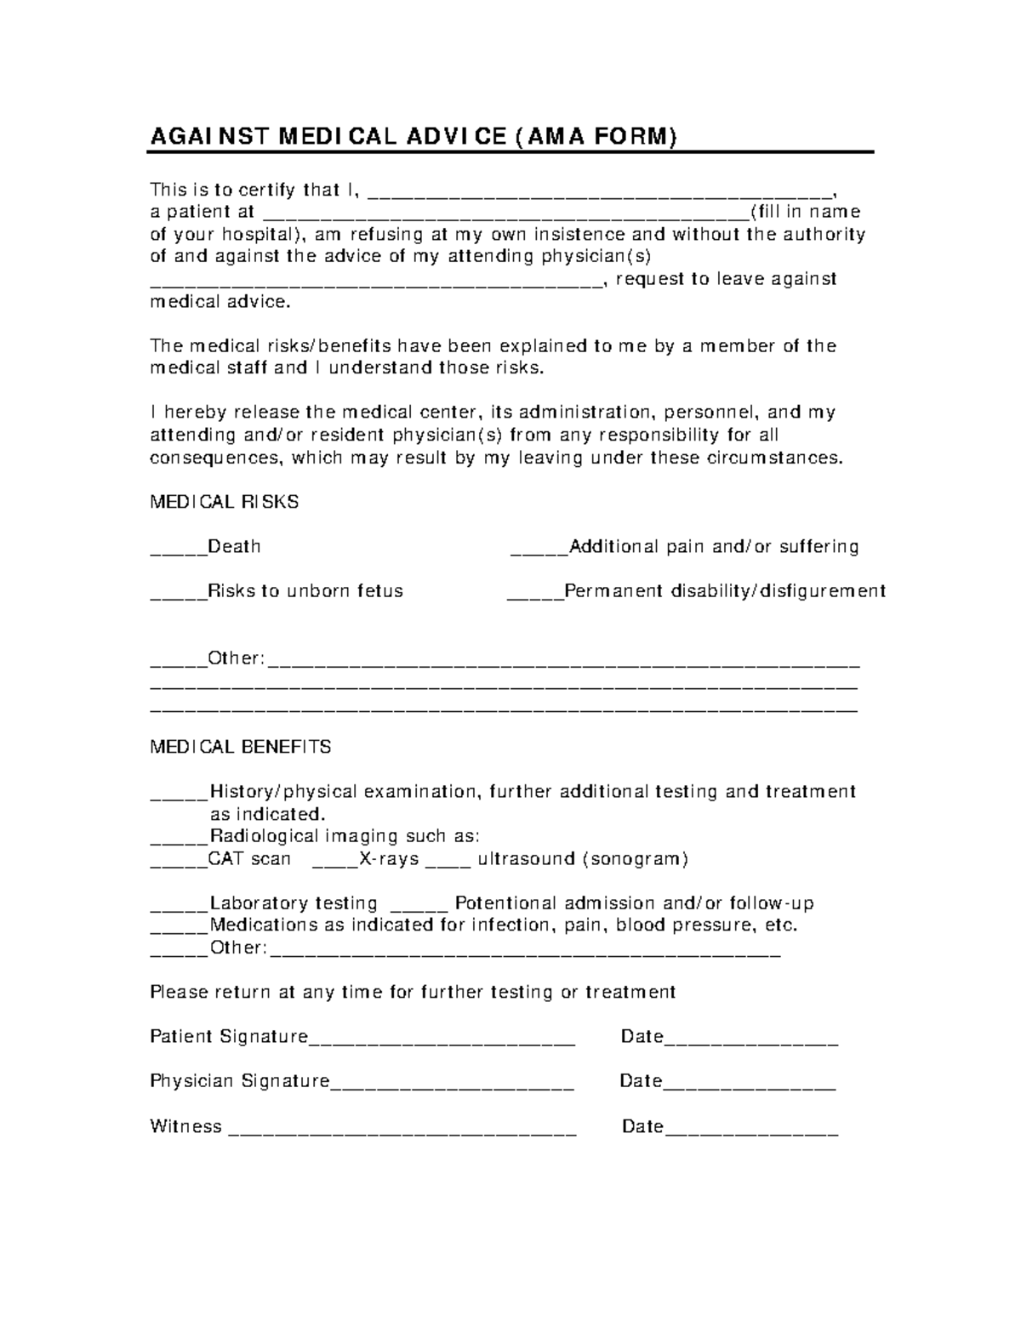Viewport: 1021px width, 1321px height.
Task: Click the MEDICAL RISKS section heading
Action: pos(224,502)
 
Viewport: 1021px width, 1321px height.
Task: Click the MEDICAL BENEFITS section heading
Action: pos(240,747)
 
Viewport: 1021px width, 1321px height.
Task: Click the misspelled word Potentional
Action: pos(505,903)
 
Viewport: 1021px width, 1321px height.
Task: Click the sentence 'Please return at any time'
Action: pos(413,992)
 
